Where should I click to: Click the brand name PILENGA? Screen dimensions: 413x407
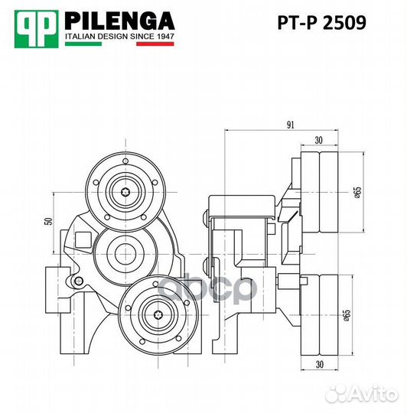tap(119, 20)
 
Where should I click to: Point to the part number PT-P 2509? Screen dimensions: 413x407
tap(321, 23)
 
